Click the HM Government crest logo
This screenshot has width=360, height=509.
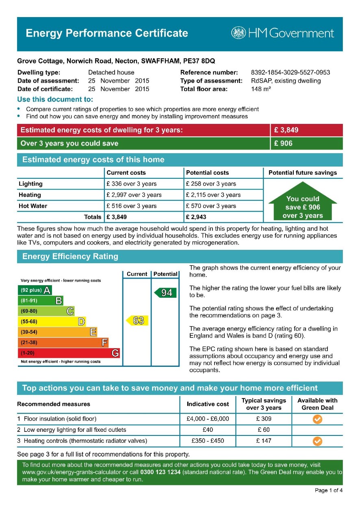(239, 33)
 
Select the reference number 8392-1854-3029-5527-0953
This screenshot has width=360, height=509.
(290, 73)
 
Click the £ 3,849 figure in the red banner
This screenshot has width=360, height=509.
(286, 130)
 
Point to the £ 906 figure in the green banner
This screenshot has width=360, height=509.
(283, 143)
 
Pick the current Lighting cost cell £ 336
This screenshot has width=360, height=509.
(131, 184)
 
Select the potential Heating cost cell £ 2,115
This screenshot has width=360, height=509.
(213, 195)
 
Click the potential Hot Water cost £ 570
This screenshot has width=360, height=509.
(210, 206)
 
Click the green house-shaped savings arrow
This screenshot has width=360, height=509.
(303, 202)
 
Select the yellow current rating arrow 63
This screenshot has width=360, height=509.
(137, 321)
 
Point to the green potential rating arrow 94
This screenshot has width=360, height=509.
(165, 293)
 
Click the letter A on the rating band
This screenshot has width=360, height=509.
(47, 290)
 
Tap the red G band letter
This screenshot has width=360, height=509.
(115, 353)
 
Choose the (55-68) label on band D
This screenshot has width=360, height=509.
(28, 322)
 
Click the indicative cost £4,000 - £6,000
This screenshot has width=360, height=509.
(208, 419)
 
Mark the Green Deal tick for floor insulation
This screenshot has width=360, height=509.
(317, 419)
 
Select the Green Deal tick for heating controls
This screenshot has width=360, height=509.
(317, 441)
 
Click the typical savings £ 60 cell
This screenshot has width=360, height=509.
(263, 430)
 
